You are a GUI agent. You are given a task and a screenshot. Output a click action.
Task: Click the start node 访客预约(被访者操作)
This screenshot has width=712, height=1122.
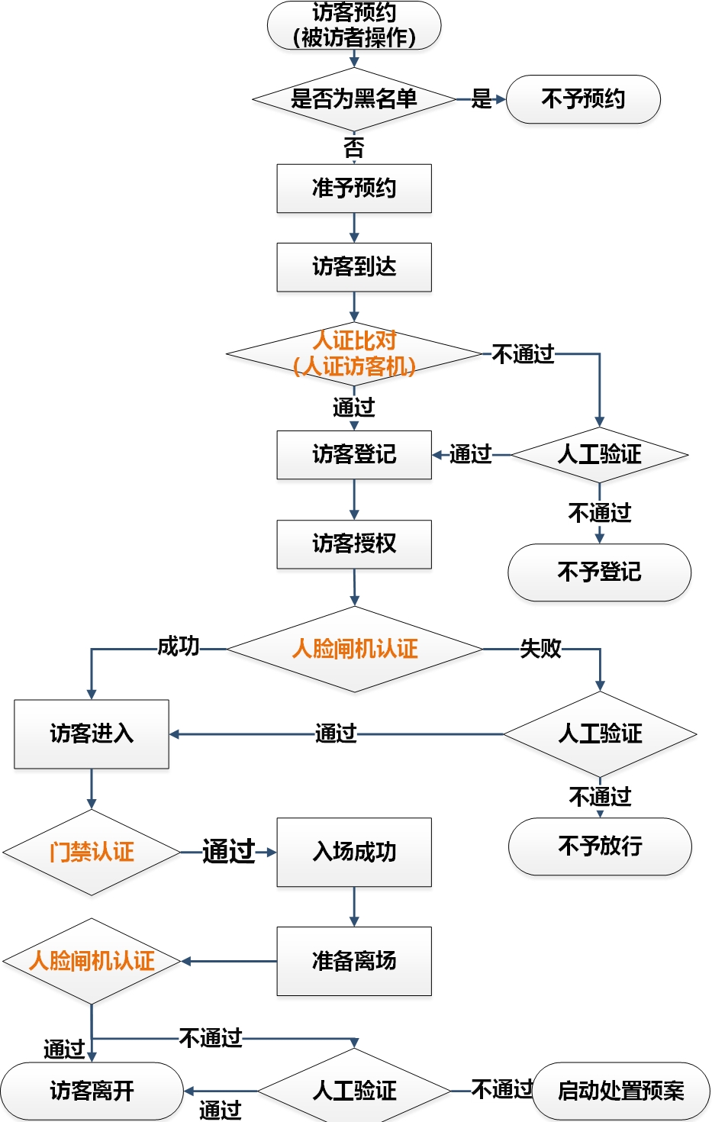click(x=354, y=25)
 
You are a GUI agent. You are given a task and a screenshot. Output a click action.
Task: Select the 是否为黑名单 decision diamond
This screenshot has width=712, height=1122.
click(x=354, y=99)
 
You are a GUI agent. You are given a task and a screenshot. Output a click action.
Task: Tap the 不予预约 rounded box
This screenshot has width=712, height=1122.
click(x=583, y=99)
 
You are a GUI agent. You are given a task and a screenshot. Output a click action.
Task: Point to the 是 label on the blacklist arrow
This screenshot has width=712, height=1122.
click(x=482, y=99)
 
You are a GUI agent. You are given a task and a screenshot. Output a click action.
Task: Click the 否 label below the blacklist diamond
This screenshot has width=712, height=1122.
click(x=354, y=147)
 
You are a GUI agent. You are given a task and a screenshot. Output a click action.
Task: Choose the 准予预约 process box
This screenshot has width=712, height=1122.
click(x=354, y=189)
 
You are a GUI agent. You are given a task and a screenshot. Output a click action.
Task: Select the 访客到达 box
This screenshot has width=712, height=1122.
click(x=354, y=267)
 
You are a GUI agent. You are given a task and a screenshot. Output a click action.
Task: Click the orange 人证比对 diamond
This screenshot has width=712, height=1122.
click(x=354, y=354)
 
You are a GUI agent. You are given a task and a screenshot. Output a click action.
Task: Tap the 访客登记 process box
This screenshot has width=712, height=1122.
click(x=354, y=455)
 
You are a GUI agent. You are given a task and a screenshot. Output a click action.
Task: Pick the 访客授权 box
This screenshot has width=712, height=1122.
click(x=354, y=544)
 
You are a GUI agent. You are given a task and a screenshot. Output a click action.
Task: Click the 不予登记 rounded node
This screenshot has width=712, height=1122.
click(x=599, y=572)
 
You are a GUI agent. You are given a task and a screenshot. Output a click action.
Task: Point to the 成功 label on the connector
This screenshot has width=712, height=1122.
click(x=178, y=647)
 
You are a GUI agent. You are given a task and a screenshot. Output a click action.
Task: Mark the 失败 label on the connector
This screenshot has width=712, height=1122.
click(x=540, y=649)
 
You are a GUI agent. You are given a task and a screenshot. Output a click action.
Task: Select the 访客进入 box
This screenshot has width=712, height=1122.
click(x=92, y=734)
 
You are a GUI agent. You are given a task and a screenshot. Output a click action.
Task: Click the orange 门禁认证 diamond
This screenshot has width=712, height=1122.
click(x=92, y=852)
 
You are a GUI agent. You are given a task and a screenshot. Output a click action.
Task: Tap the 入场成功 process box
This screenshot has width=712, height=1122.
click(x=354, y=852)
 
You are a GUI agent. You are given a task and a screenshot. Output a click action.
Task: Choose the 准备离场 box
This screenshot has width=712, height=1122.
click(x=354, y=961)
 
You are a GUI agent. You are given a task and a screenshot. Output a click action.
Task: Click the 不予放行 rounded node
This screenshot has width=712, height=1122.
click(x=600, y=846)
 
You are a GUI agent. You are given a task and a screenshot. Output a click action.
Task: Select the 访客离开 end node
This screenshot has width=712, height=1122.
click(x=92, y=1091)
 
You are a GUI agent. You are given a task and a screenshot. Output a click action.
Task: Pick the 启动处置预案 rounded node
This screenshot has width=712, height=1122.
click(x=621, y=1091)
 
